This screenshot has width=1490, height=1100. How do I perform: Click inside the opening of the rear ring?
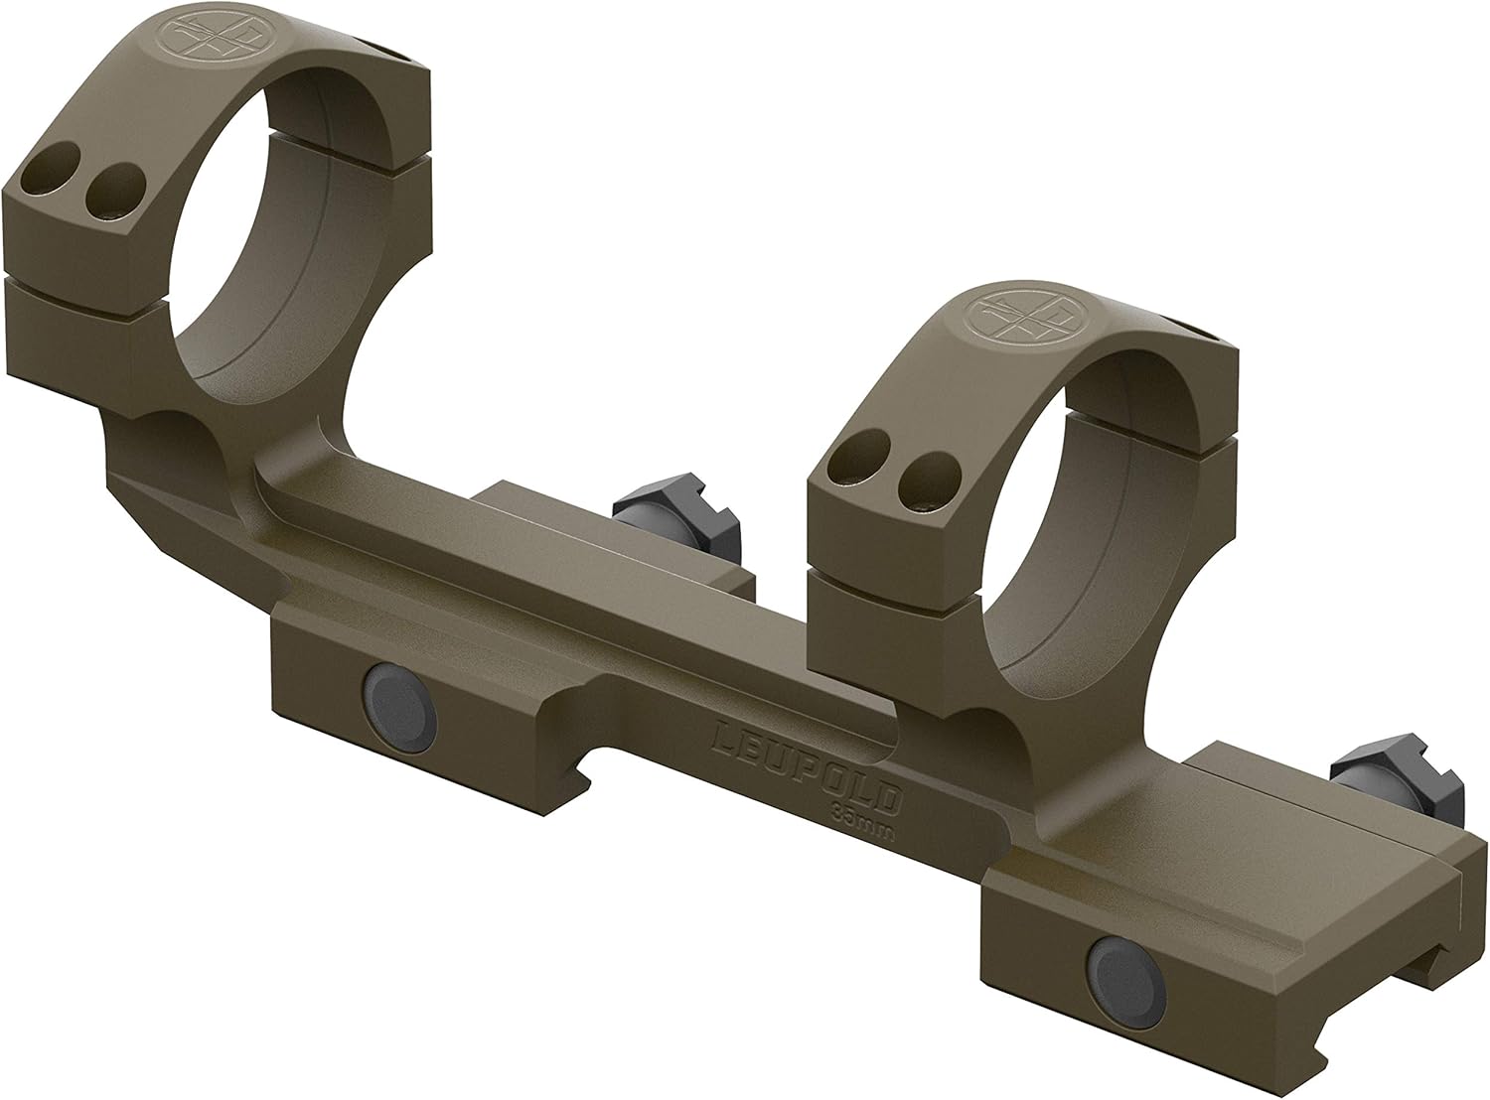coord(260,223)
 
